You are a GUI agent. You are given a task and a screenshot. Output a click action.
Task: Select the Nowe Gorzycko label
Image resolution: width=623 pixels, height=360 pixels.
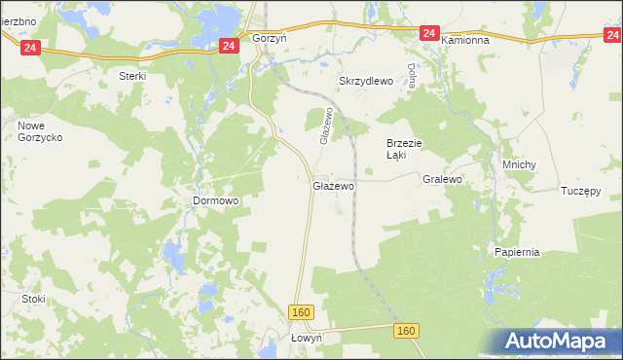[40, 132]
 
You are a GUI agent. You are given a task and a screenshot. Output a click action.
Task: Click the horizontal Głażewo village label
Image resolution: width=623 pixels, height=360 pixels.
[333, 185]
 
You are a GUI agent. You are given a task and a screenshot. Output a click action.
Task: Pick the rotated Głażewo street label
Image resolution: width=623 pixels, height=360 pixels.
[327, 126]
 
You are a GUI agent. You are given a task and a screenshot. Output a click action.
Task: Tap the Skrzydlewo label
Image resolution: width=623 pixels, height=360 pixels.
[365, 82]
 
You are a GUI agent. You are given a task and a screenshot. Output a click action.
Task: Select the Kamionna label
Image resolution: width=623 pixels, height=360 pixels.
[470, 41]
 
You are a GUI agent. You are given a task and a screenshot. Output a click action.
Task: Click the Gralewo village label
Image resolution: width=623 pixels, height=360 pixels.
[442, 180]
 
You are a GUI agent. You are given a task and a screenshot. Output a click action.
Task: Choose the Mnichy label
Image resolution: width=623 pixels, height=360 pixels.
[519, 164]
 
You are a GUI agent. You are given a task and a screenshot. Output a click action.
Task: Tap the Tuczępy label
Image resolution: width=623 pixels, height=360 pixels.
[581, 190]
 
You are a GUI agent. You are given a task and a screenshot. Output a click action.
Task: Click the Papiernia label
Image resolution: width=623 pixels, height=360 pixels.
[516, 252]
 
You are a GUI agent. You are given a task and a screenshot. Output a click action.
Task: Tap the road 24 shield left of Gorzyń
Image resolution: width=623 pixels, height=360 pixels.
[229, 46]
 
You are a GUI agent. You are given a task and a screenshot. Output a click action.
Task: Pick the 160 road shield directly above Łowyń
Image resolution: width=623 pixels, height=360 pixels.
[302, 311]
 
